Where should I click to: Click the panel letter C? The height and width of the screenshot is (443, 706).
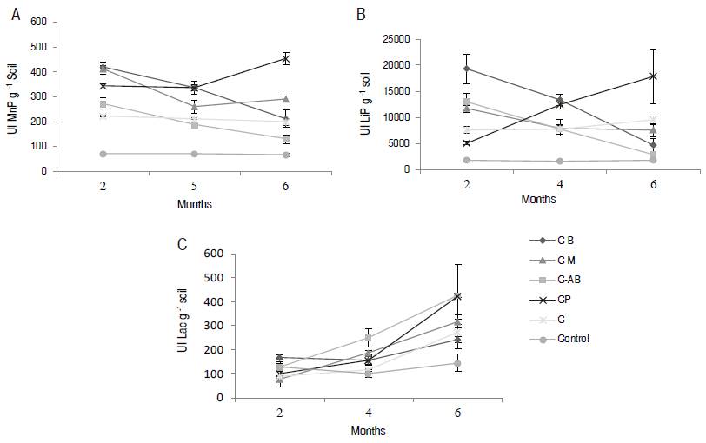click(x=182, y=244)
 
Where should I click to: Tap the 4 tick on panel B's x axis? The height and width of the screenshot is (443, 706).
click(x=559, y=185)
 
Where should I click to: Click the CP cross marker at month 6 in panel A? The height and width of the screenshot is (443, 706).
click(x=284, y=59)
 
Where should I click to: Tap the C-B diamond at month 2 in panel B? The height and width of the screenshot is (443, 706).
click(x=466, y=69)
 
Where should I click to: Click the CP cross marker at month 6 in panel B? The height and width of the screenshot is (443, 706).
click(x=652, y=76)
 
